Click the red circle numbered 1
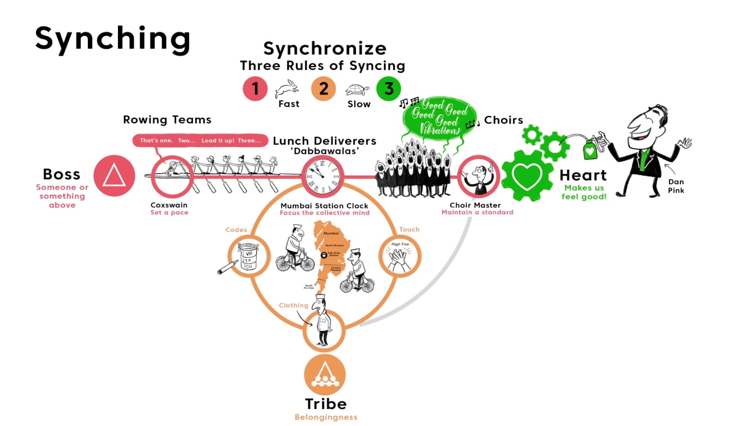[x=255, y=89]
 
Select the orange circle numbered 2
[x=323, y=89]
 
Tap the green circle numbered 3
[x=388, y=89]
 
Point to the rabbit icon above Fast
[x=287, y=89]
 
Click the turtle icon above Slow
[x=357, y=90]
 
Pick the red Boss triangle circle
[x=114, y=176]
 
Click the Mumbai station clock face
[x=322, y=176]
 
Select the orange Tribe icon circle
[x=325, y=375]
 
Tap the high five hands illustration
[x=399, y=257]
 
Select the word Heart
[x=583, y=175]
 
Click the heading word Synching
[x=113, y=39]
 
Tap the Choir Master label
[x=475, y=205]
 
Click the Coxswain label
[x=169, y=205]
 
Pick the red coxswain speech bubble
[x=200, y=141]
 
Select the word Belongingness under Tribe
[x=326, y=417]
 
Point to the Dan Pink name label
[x=676, y=186]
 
